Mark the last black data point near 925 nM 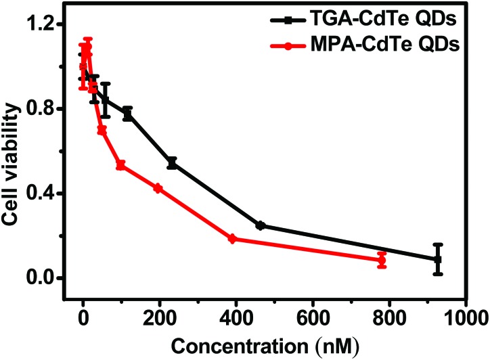click(437, 259)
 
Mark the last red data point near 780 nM click(382, 260)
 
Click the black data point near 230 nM click(172, 163)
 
